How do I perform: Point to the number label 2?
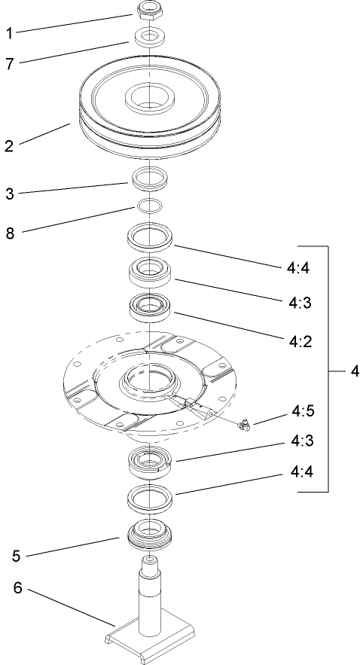tap(9, 145)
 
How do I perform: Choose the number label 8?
tap(9, 233)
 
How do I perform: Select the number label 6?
tap(16, 587)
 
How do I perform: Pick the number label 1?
tap(9, 33)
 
